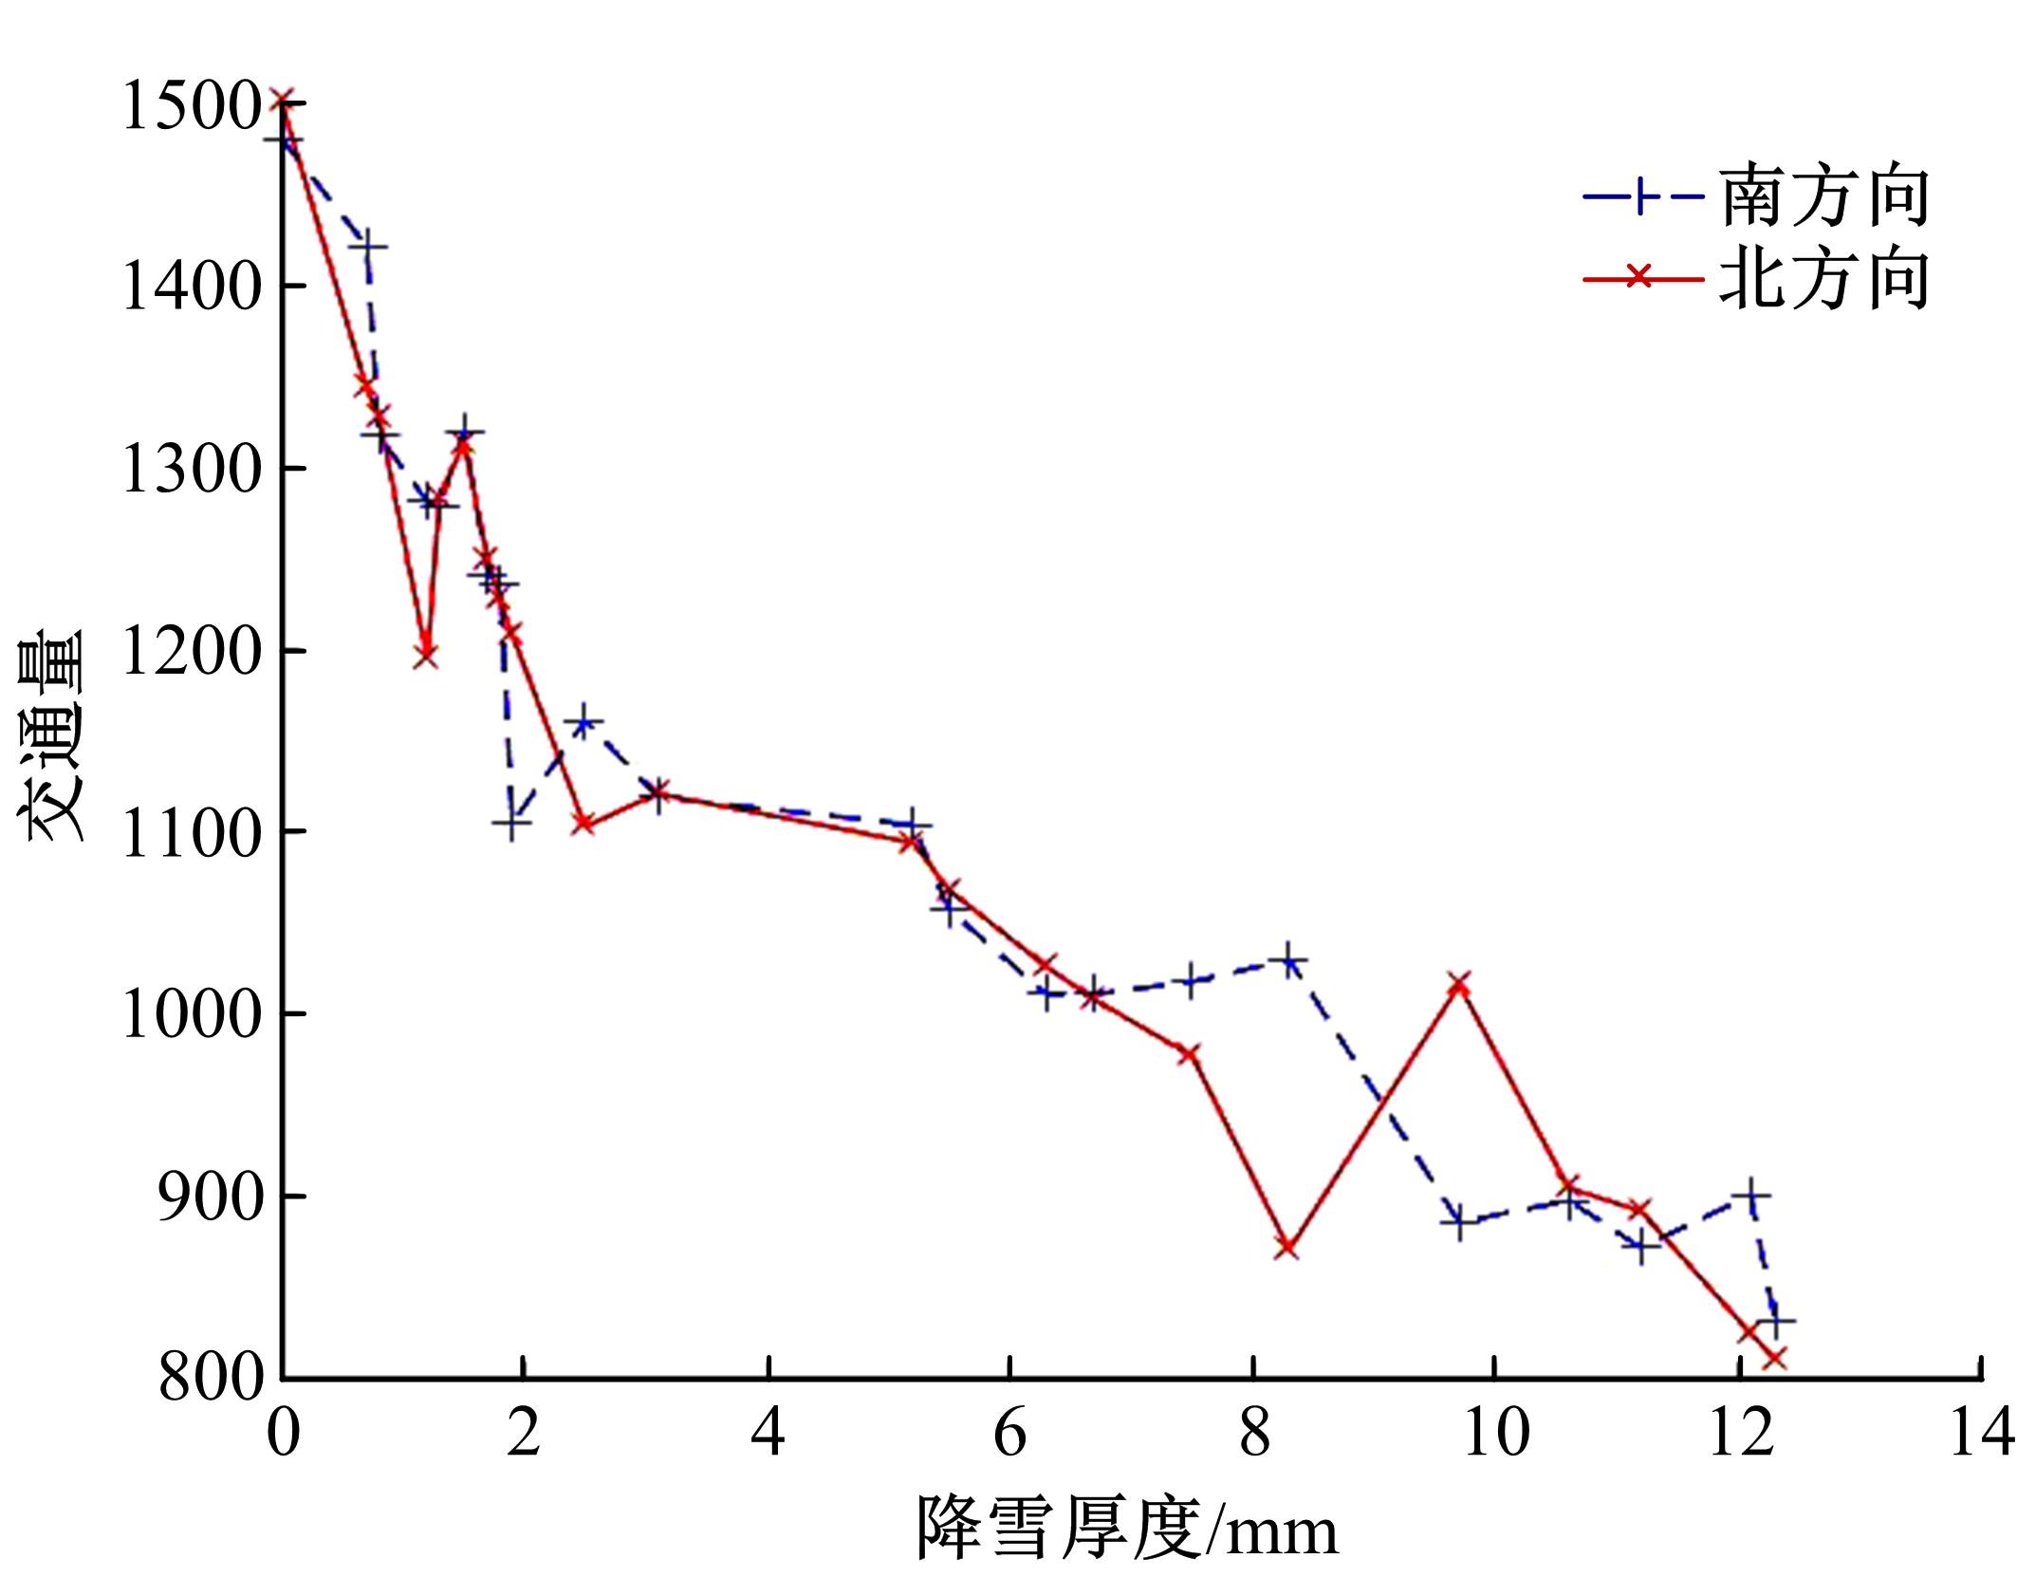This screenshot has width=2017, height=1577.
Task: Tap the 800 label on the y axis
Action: pyautogui.click(x=212, y=1380)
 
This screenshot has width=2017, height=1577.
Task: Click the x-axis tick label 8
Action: pyautogui.click(x=1253, y=1432)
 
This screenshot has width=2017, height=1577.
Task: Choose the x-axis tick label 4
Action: pyautogui.click(x=768, y=1432)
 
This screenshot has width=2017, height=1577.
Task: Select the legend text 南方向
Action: pyautogui.click(x=1824, y=196)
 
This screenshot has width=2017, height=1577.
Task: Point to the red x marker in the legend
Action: pyautogui.click(x=1639, y=278)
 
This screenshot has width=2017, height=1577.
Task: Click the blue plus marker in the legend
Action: pyautogui.click(x=1639, y=197)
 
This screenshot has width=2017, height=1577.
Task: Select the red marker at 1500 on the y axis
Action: pyautogui.click(x=283, y=101)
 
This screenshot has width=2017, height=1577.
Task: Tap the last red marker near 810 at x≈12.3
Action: pyautogui.click(x=1775, y=1359)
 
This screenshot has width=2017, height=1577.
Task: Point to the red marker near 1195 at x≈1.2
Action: pyautogui.click(x=426, y=655)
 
